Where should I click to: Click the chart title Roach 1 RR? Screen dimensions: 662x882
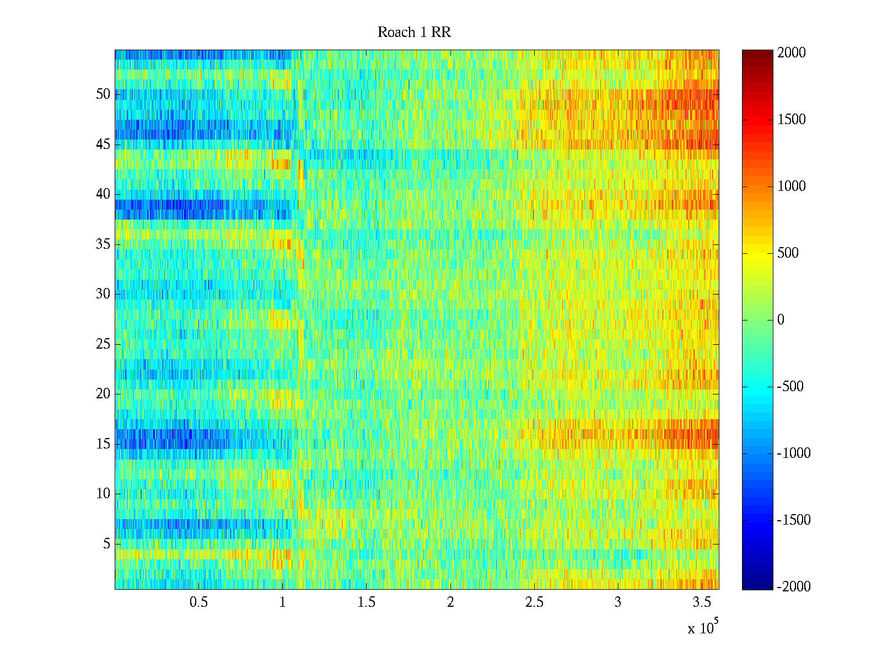coord(414,33)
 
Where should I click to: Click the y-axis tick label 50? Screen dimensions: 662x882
coord(103,94)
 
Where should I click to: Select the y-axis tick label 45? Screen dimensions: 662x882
coord(103,145)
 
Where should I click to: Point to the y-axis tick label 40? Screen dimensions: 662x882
coord(103,194)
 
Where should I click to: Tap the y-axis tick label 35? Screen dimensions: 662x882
coord(103,244)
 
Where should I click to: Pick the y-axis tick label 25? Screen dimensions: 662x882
coord(103,344)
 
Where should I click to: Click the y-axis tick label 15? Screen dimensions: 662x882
coord(103,444)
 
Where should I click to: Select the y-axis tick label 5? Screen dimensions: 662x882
coord(106,544)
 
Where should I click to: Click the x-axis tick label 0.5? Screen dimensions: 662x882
coord(198,602)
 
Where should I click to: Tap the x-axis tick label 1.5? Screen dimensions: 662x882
coord(366,602)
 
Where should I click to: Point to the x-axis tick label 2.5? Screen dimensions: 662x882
coord(534,602)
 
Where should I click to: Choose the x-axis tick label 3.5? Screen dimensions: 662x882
coord(701,602)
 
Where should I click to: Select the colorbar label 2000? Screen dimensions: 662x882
coord(792,53)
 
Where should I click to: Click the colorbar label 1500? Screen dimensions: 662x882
coord(792,120)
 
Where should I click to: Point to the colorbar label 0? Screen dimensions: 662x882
coord(781,320)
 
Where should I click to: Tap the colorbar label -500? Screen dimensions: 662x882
coord(790,387)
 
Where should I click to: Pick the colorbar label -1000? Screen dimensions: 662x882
coord(794,453)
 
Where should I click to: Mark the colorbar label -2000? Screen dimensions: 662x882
coord(794,587)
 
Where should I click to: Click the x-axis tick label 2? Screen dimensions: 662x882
coord(450,602)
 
